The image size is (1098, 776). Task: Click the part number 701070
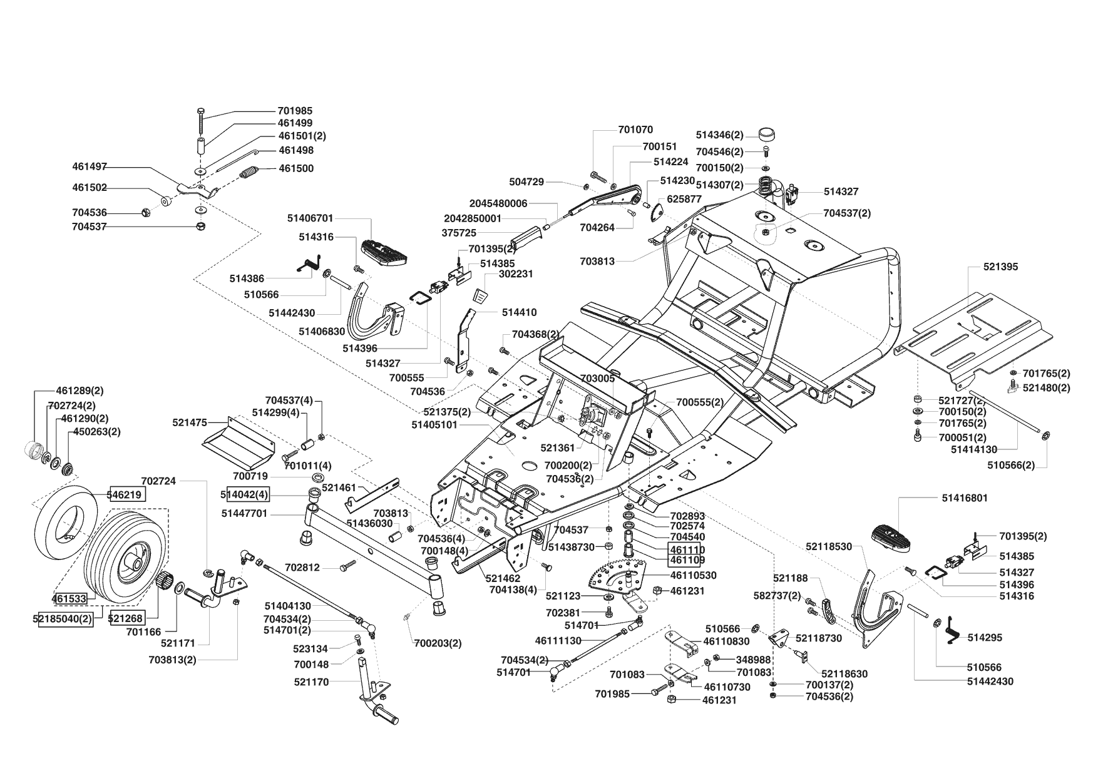tap(635, 130)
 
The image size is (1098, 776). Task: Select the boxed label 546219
tap(126, 494)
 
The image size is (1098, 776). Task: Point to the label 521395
tap(1000, 267)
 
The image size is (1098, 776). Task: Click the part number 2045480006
tap(498, 203)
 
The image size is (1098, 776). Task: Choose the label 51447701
tap(245, 513)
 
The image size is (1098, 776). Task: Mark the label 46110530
tap(694, 575)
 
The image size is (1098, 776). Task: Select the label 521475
tap(190, 423)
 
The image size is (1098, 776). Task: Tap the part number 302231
tap(516, 274)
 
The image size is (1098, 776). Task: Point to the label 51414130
tap(974, 449)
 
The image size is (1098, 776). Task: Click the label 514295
tap(985, 638)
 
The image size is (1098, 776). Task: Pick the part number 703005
tap(598, 379)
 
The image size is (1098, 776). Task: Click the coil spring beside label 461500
tap(249, 172)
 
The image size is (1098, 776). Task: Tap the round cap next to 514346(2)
tap(766, 134)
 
